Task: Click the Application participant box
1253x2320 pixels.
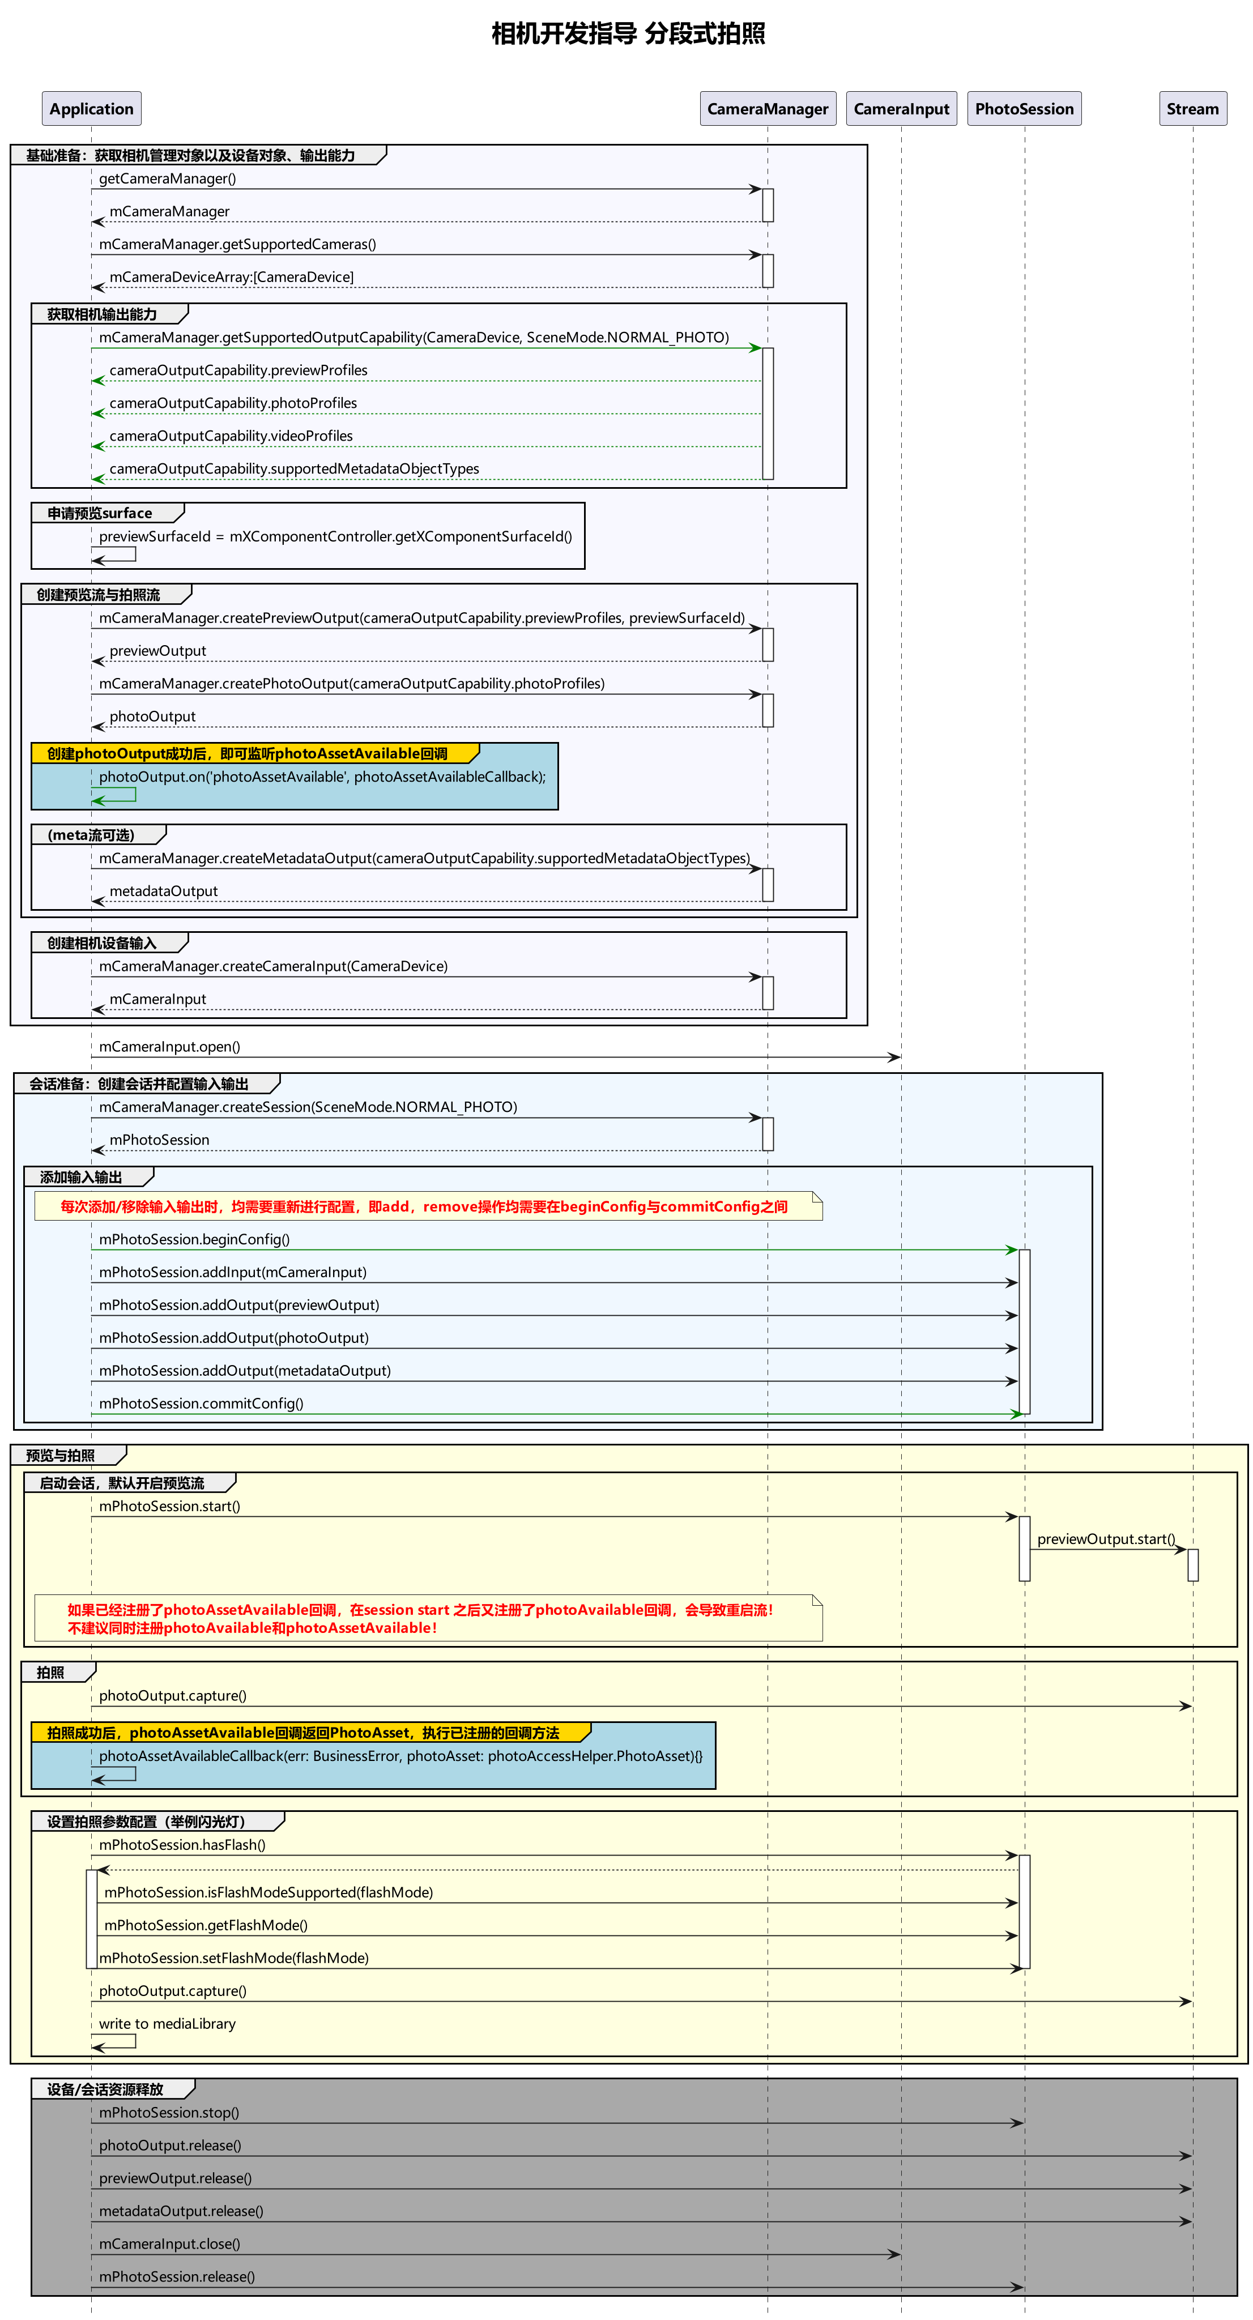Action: tap(91, 109)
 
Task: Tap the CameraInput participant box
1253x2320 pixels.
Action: tap(901, 109)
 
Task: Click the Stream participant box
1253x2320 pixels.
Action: tap(1192, 109)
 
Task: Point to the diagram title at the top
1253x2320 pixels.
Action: tap(628, 34)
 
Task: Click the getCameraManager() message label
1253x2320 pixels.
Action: tap(168, 178)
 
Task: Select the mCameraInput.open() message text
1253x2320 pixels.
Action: tap(169, 1047)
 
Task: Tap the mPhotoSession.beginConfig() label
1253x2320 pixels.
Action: tap(194, 1239)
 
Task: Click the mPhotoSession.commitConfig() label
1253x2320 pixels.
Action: tap(201, 1403)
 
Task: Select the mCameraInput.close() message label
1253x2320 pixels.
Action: tap(169, 2244)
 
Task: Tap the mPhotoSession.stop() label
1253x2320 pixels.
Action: tap(168, 2112)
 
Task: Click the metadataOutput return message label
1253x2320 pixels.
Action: tap(163, 891)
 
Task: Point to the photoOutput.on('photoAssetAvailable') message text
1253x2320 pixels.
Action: tap(322, 777)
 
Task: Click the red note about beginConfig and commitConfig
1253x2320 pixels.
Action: tap(423, 1207)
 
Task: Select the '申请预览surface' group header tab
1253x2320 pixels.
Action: tap(100, 513)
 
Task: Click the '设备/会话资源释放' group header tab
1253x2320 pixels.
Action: tap(105, 2089)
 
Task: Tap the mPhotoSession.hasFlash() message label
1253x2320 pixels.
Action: tap(182, 1844)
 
